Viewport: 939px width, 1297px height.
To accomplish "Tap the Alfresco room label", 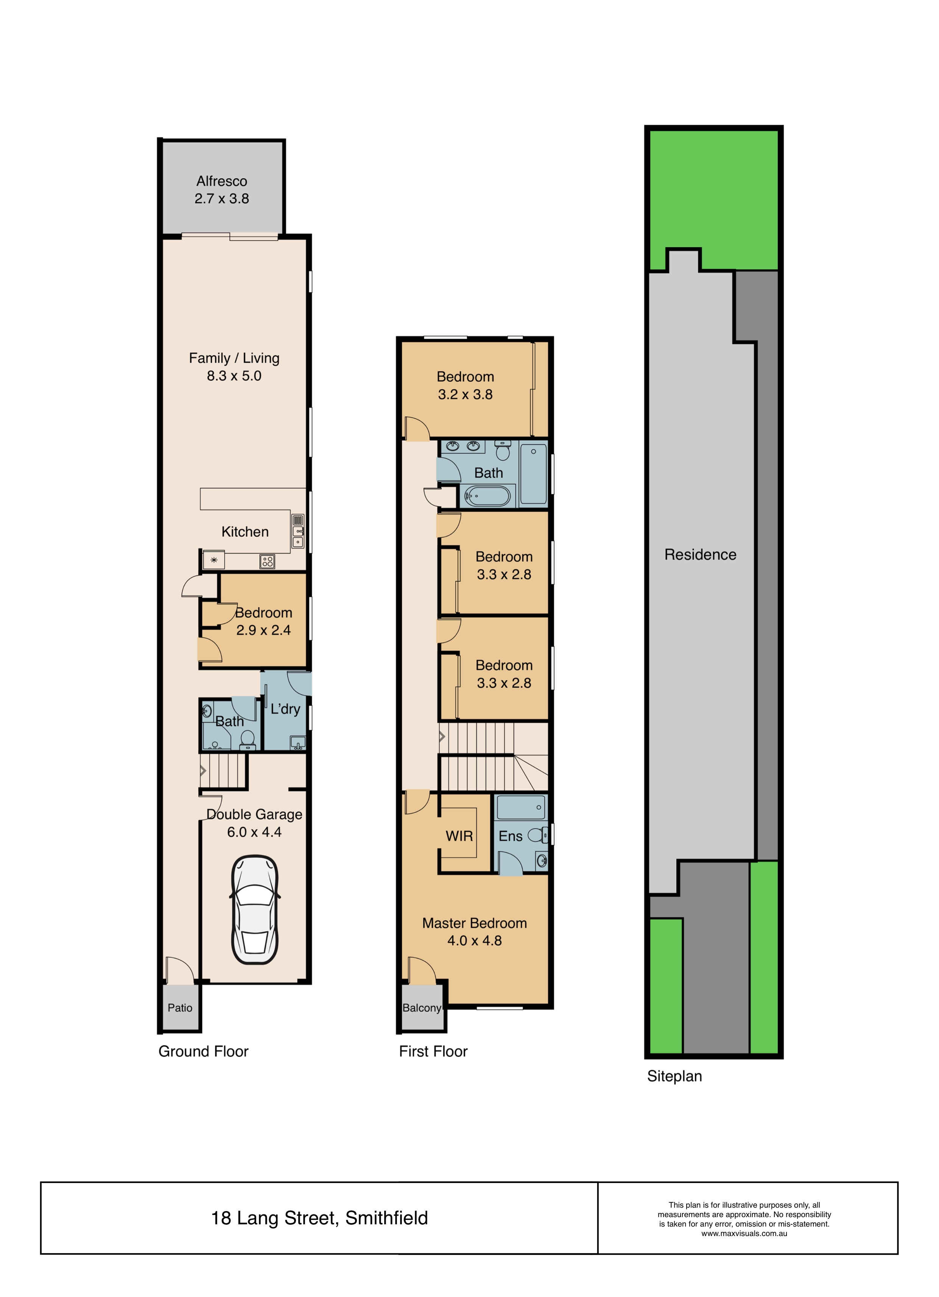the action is (x=222, y=181).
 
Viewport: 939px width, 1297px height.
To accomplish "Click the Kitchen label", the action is (x=245, y=532).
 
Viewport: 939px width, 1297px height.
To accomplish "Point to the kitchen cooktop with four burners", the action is (x=267, y=561).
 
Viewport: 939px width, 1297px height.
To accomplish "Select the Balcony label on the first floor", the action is (x=422, y=1008).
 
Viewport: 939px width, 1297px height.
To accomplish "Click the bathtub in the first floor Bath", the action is (x=487, y=496).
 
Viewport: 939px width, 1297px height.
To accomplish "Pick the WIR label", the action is (x=459, y=836).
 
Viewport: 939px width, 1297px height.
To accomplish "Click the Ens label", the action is (x=510, y=836).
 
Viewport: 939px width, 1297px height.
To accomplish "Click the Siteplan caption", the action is (x=674, y=1076).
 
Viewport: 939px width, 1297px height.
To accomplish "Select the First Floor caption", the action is (x=433, y=1051).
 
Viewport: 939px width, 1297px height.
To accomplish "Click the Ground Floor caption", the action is (x=204, y=1051).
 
